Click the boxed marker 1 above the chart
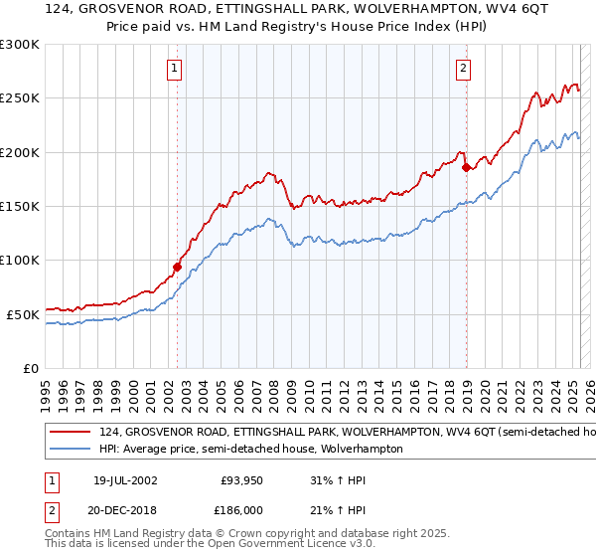point(174,69)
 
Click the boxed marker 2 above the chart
point(463,69)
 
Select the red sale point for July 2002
point(177,267)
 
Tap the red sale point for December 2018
point(466,167)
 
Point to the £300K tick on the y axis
point(20,45)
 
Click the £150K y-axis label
point(20,207)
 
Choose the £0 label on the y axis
point(30,368)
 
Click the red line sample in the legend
point(71,433)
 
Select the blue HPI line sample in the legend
point(71,449)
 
